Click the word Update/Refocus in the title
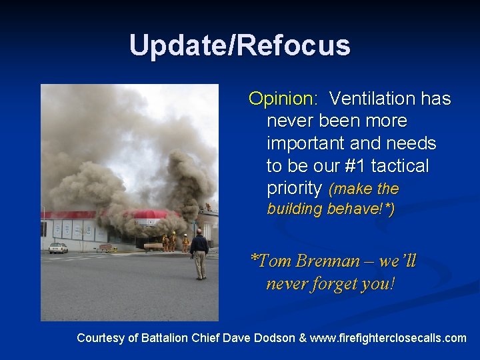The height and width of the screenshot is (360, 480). (x=239, y=45)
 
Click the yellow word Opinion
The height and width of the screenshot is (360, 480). (x=283, y=99)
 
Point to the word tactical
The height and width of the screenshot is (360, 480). (x=405, y=165)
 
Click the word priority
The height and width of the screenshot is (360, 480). (x=294, y=188)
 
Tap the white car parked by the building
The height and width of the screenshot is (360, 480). (x=58, y=248)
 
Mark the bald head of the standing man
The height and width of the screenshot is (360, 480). (x=198, y=231)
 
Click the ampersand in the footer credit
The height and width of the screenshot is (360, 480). (x=303, y=338)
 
